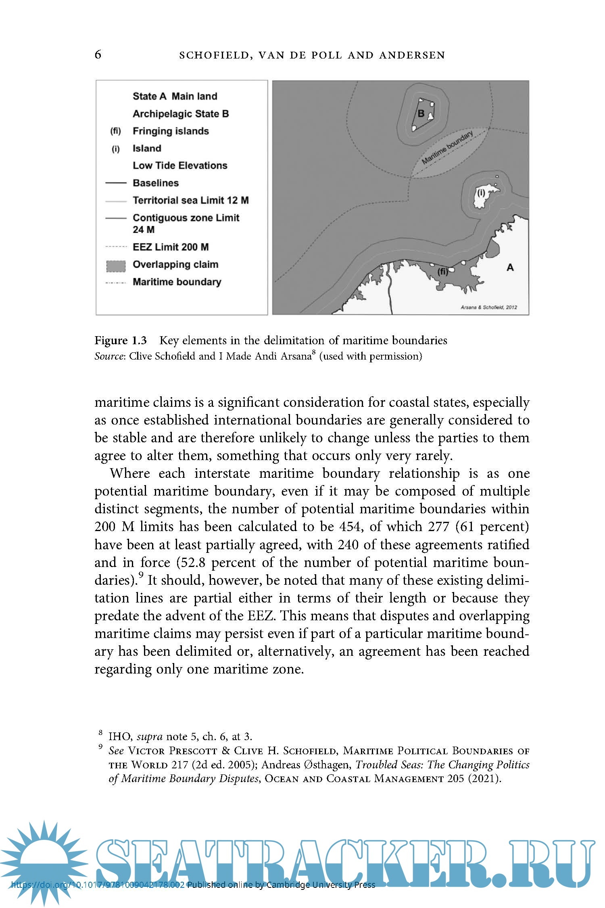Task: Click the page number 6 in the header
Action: point(98,54)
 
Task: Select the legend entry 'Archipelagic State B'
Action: point(180,114)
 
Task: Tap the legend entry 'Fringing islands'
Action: point(171,131)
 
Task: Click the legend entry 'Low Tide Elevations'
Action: point(180,165)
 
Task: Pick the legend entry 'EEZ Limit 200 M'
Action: point(171,247)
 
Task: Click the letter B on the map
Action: point(421,114)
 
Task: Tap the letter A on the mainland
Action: point(510,268)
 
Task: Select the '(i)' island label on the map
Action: point(481,193)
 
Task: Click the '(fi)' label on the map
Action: point(443,272)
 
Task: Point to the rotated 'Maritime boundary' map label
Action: point(447,148)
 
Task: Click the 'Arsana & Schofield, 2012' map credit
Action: point(488,307)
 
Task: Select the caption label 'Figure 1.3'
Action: point(121,340)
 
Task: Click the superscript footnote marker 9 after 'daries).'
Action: point(141,575)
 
